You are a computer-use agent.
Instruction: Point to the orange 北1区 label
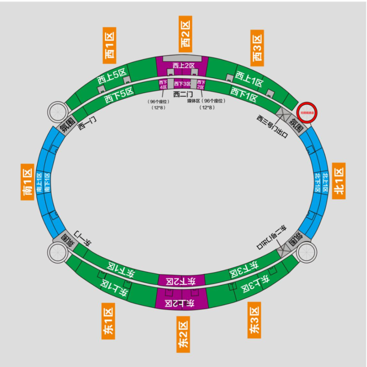(x=338, y=181)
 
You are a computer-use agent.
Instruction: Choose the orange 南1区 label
(x=28, y=182)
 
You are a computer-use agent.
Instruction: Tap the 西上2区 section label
(x=182, y=66)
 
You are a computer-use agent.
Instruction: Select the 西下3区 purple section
(x=182, y=84)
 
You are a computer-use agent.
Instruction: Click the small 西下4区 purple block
(x=163, y=84)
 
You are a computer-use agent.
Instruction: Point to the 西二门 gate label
(x=182, y=94)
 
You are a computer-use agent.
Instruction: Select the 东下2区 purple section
(x=181, y=281)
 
